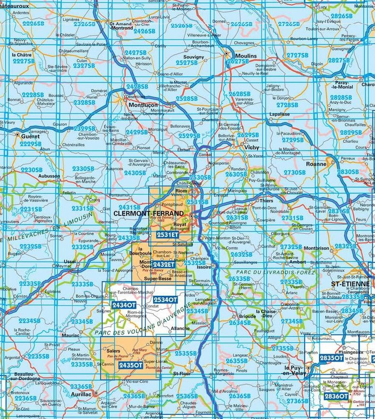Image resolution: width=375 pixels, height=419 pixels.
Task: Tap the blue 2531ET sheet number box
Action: tap(167, 235)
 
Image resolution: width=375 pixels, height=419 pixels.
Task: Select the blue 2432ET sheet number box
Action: tap(164, 264)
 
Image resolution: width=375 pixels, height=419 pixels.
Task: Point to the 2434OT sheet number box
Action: tap(124, 305)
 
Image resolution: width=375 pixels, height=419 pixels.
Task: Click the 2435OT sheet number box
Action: tap(131, 365)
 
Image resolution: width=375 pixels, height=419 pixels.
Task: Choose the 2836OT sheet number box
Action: tap(335, 396)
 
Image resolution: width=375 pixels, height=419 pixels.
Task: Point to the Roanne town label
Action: tap(316, 164)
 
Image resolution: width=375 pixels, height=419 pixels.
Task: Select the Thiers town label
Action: tap(265, 201)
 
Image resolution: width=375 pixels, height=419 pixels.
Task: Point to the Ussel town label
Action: tap(70, 261)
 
